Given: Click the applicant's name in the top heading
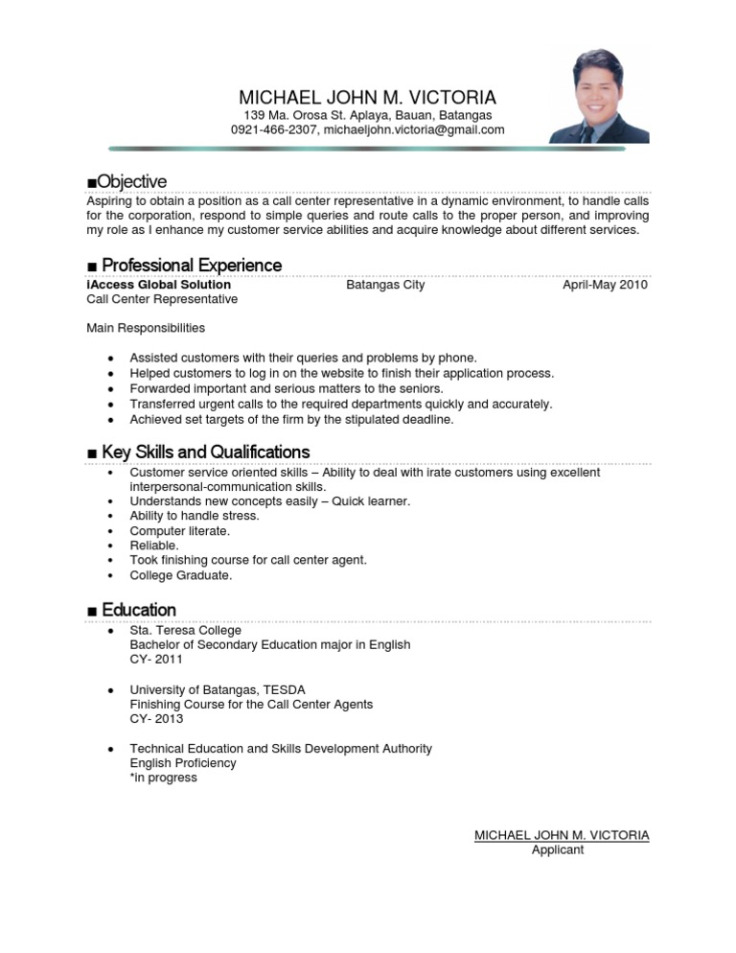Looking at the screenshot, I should click(x=367, y=98).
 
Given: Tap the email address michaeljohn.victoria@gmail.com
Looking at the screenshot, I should click(x=414, y=129).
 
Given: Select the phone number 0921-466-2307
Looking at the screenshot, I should click(x=273, y=129).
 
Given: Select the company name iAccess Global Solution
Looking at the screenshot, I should click(x=158, y=285).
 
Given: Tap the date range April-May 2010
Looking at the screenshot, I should click(x=606, y=285).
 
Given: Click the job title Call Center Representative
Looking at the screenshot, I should click(x=162, y=299).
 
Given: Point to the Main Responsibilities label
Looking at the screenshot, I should click(x=146, y=328).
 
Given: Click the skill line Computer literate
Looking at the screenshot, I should click(x=180, y=530).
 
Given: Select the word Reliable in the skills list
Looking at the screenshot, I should click(x=154, y=545).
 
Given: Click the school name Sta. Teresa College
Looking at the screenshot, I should click(x=186, y=631).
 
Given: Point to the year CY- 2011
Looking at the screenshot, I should click(x=156, y=660).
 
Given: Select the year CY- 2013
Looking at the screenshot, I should click(x=156, y=719).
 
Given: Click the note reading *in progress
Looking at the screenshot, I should click(x=164, y=778).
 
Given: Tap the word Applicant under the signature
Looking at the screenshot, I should click(x=558, y=850).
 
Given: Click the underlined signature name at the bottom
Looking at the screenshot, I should click(x=562, y=835).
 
